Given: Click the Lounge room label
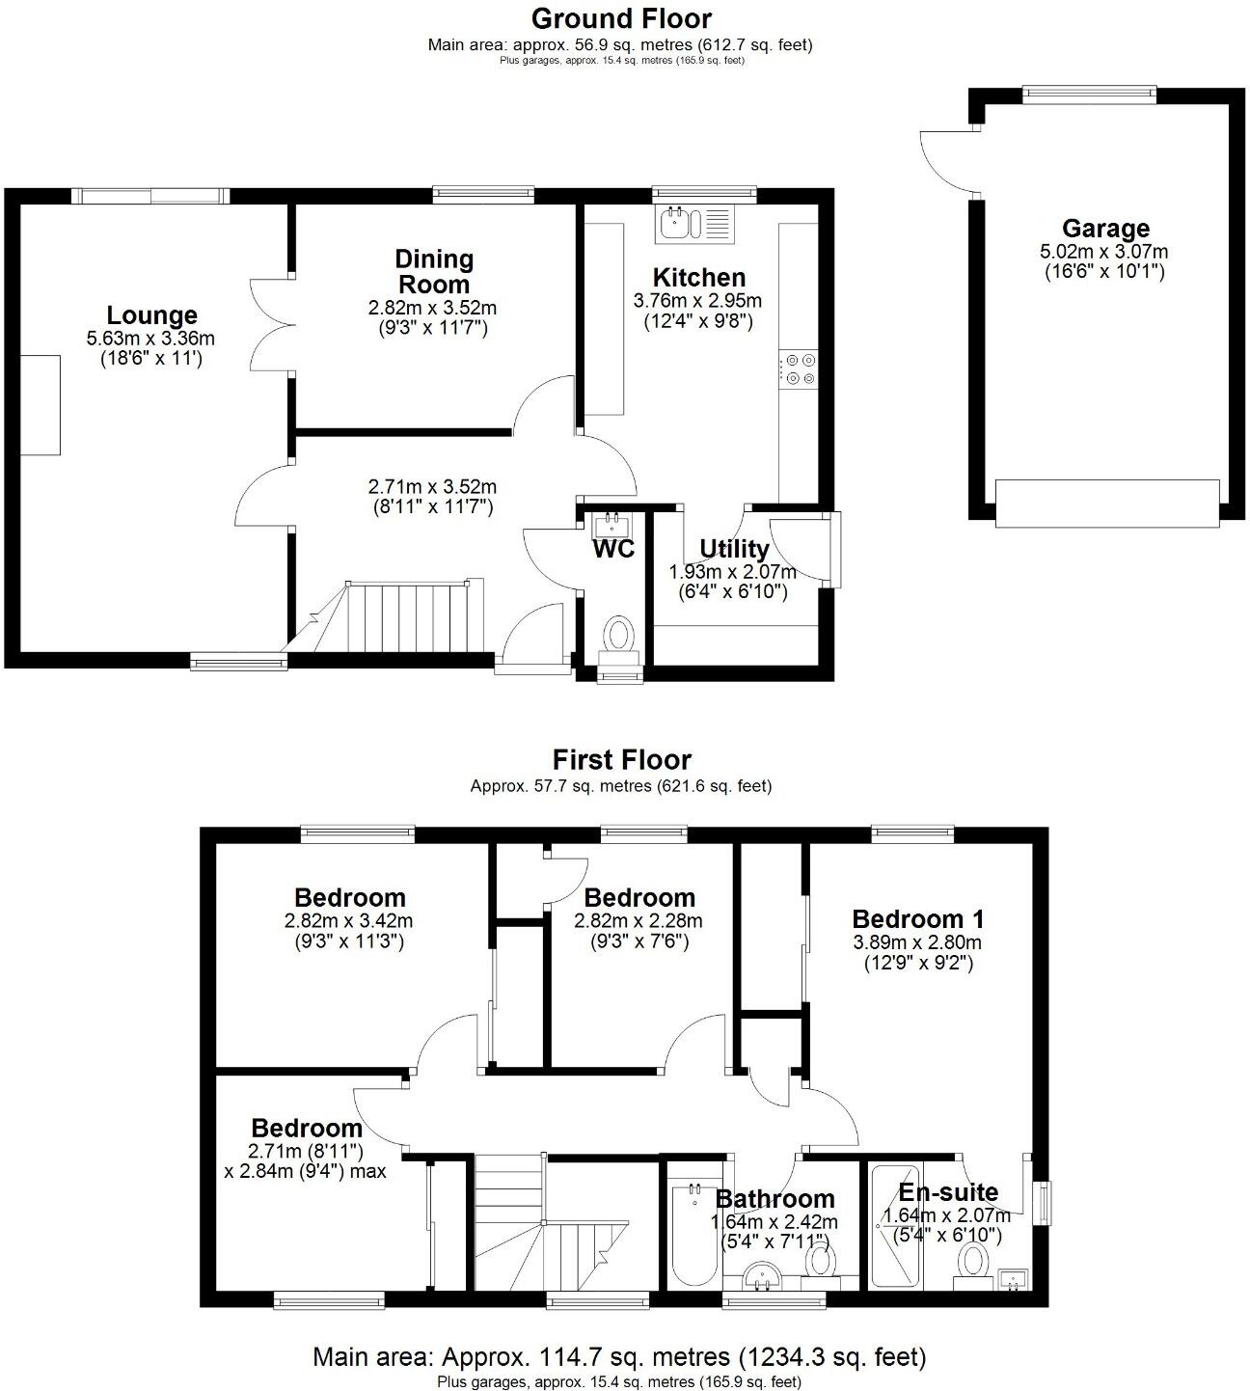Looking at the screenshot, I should pos(151,315).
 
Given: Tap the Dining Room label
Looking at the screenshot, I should pos(434,271).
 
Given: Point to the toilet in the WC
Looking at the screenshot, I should pos(618,637).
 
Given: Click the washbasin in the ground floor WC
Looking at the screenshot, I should pos(612,526).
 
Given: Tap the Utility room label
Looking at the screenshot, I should pos(734,549).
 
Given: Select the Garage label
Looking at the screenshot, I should pos(1105,229).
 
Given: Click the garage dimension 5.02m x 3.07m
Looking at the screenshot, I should pos(1104,252).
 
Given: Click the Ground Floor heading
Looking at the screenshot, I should pos(621,18).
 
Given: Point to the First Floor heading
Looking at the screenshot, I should pos(621,760).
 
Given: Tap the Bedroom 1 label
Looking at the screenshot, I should pos(904,918).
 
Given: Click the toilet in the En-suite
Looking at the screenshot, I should pos(973,1260).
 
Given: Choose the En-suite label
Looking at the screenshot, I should pos(948,1192).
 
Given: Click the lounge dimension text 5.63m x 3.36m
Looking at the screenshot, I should pos(150,339).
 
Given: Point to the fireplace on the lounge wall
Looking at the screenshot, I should pos(41,405).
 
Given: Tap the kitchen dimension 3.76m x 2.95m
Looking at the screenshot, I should pos(697,301).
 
